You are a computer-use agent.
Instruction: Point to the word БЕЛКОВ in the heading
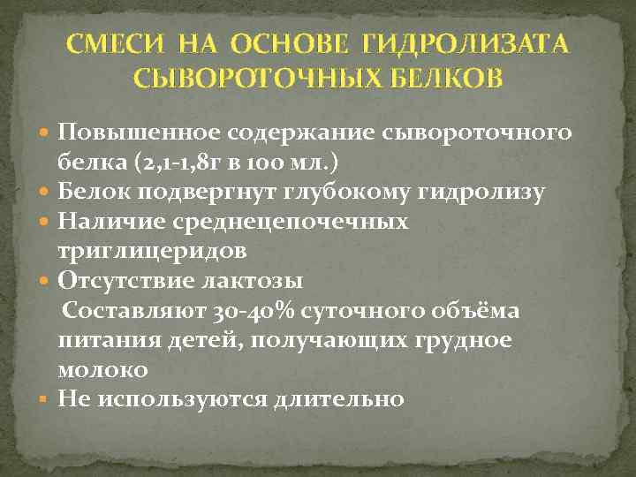click(x=439, y=79)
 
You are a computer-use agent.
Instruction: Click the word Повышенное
click(x=140, y=132)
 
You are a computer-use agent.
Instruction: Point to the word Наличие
click(x=103, y=221)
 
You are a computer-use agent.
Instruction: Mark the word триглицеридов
click(x=152, y=251)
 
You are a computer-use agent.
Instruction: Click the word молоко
click(x=102, y=369)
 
